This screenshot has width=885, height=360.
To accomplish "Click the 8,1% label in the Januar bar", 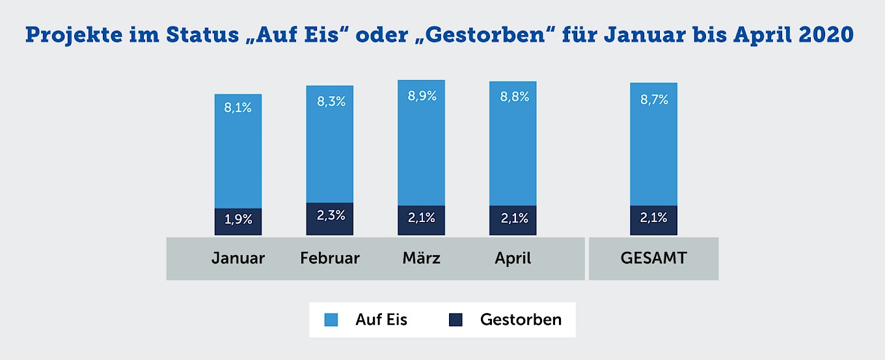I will click(x=238, y=108).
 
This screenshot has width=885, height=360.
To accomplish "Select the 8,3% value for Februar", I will click(x=330, y=102).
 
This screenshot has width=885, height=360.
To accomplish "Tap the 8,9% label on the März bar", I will click(x=422, y=96).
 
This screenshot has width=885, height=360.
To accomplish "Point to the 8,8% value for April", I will click(x=513, y=97).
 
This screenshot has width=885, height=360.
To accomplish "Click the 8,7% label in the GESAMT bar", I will click(x=654, y=100).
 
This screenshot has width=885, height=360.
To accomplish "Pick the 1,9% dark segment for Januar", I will click(x=238, y=220).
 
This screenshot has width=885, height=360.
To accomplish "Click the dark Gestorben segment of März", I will click(x=422, y=219).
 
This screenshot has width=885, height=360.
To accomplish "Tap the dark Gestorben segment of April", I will click(x=513, y=219).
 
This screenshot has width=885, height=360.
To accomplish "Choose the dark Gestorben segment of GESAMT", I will click(x=654, y=219).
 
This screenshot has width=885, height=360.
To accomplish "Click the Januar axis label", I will click(x=238, y=258).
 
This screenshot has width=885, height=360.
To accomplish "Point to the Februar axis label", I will click(x=330, y=258).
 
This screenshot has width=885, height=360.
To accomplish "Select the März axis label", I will click(x=422, y=258).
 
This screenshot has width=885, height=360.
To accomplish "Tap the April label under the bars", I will click(x=513, y=258).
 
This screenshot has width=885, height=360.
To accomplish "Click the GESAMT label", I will click(x=653, y=258).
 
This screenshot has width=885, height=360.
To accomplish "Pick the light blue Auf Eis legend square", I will click(x=331, y=320).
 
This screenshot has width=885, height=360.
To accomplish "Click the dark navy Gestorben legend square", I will click(x=456, y=320).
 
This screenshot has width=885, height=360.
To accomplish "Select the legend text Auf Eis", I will click(x=381, y=320).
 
